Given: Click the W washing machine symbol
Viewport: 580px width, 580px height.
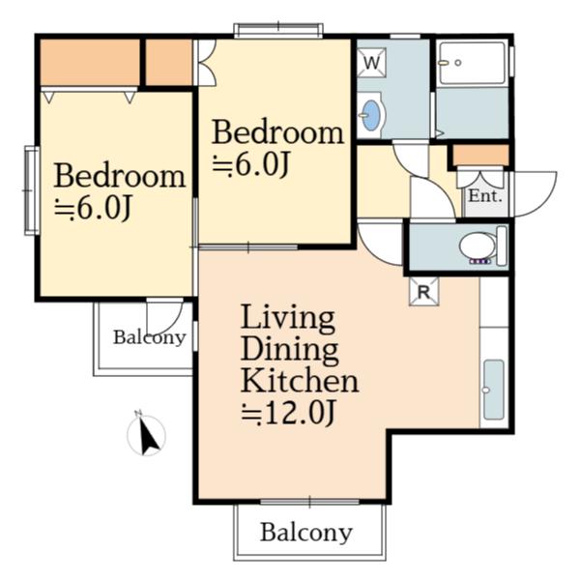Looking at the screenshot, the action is [372, 63].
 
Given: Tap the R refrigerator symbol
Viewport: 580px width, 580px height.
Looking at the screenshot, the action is [424, 292].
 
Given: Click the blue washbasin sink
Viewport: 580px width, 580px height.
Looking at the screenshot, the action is [370, 115].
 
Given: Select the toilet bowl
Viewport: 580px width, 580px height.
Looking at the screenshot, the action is [478, 246].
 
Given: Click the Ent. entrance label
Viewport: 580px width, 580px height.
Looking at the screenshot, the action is [485, 195].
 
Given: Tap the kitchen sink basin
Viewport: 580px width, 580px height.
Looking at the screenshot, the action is [494, 390].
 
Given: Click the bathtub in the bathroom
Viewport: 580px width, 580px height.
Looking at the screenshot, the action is [471, 63].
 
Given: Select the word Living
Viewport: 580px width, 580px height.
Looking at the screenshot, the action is [288, 318].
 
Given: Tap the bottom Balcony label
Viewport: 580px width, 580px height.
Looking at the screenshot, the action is [306, 533].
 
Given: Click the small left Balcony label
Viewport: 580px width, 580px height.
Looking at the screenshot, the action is [150, 337].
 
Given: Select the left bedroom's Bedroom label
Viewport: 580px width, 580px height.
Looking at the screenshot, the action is [120, 176].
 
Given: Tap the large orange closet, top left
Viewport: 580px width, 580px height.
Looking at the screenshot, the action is [90, 62].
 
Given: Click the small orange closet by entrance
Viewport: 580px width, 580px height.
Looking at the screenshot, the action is [480, 156].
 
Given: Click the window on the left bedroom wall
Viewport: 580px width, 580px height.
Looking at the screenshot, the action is [32, 190].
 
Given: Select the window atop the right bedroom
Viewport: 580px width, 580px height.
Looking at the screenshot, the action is [278, 30].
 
